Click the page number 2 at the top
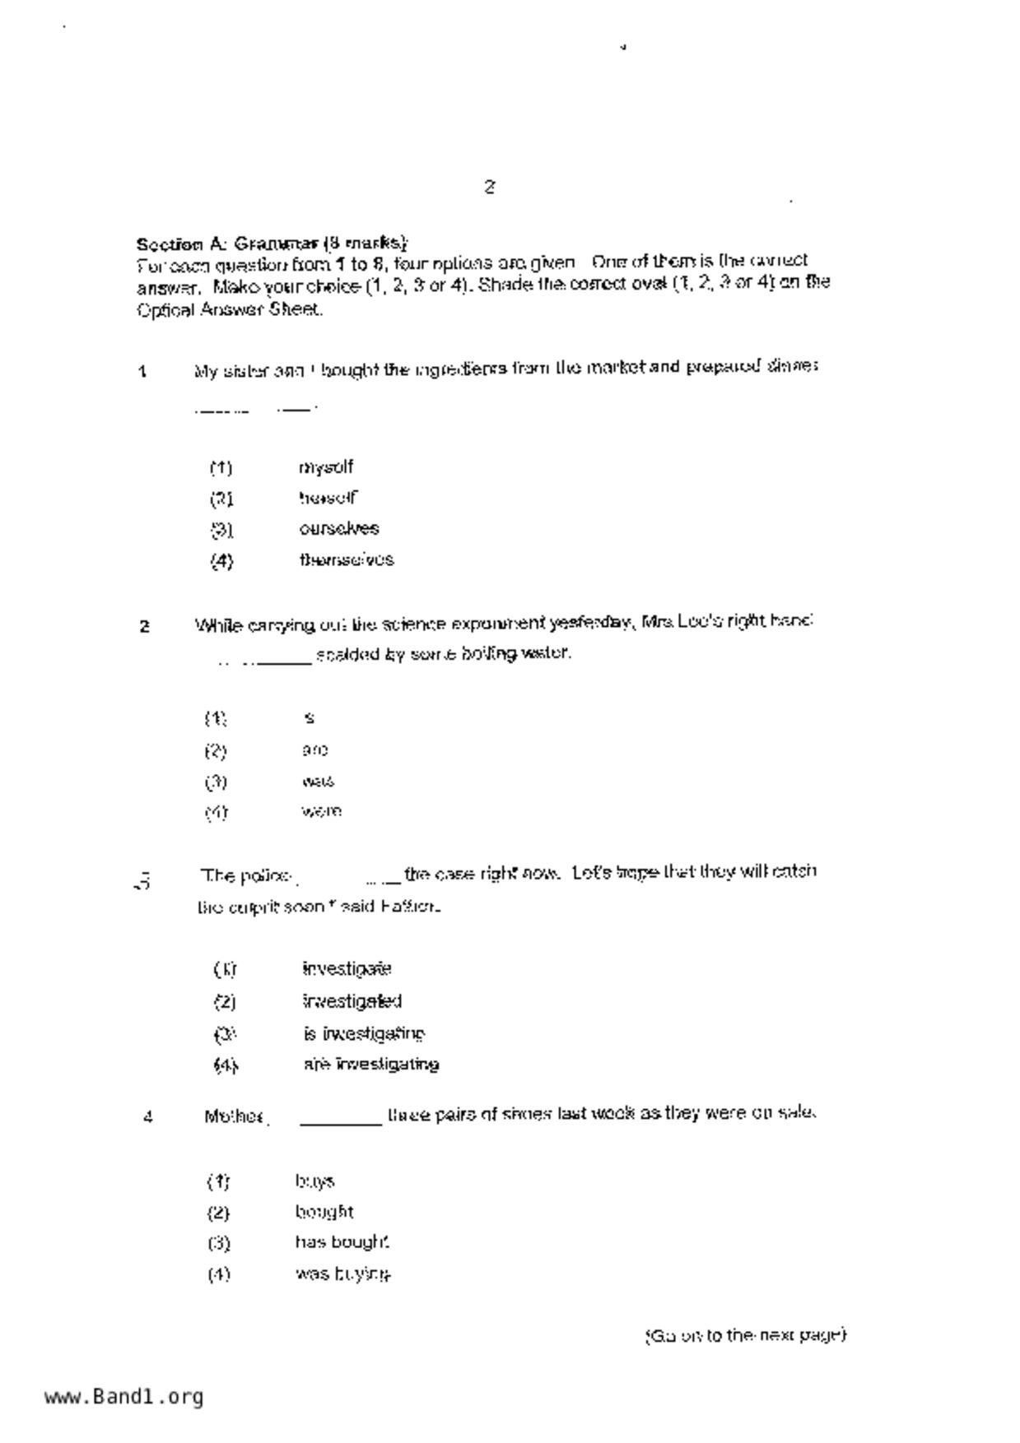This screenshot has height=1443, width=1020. coord(489,187)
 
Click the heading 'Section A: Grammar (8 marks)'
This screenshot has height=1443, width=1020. coord(272,244)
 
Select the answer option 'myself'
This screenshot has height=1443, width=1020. coord(326,467)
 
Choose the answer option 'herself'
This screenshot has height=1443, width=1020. coord(328,498)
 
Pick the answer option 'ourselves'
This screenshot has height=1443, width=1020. coord(338,528)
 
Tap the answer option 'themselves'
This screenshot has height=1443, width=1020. coord(346,559)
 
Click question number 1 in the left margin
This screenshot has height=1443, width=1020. coord(143,372)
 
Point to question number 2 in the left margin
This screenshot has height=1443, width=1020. coord(144,627)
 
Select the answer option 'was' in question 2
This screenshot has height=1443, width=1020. coord(318,781)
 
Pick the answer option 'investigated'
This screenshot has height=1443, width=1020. coord(352,1001)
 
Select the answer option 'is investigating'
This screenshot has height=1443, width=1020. coord(364,1033)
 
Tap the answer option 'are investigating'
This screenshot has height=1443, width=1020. coord(370,1064)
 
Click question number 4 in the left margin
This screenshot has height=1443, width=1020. coord(147,1117)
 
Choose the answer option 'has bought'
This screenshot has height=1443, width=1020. coord(342,1242)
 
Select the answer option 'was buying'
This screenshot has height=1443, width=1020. coord(342,1274)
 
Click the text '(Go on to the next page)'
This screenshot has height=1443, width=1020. coord(745,1334)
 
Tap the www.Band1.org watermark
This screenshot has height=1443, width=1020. coord(123,1396)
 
